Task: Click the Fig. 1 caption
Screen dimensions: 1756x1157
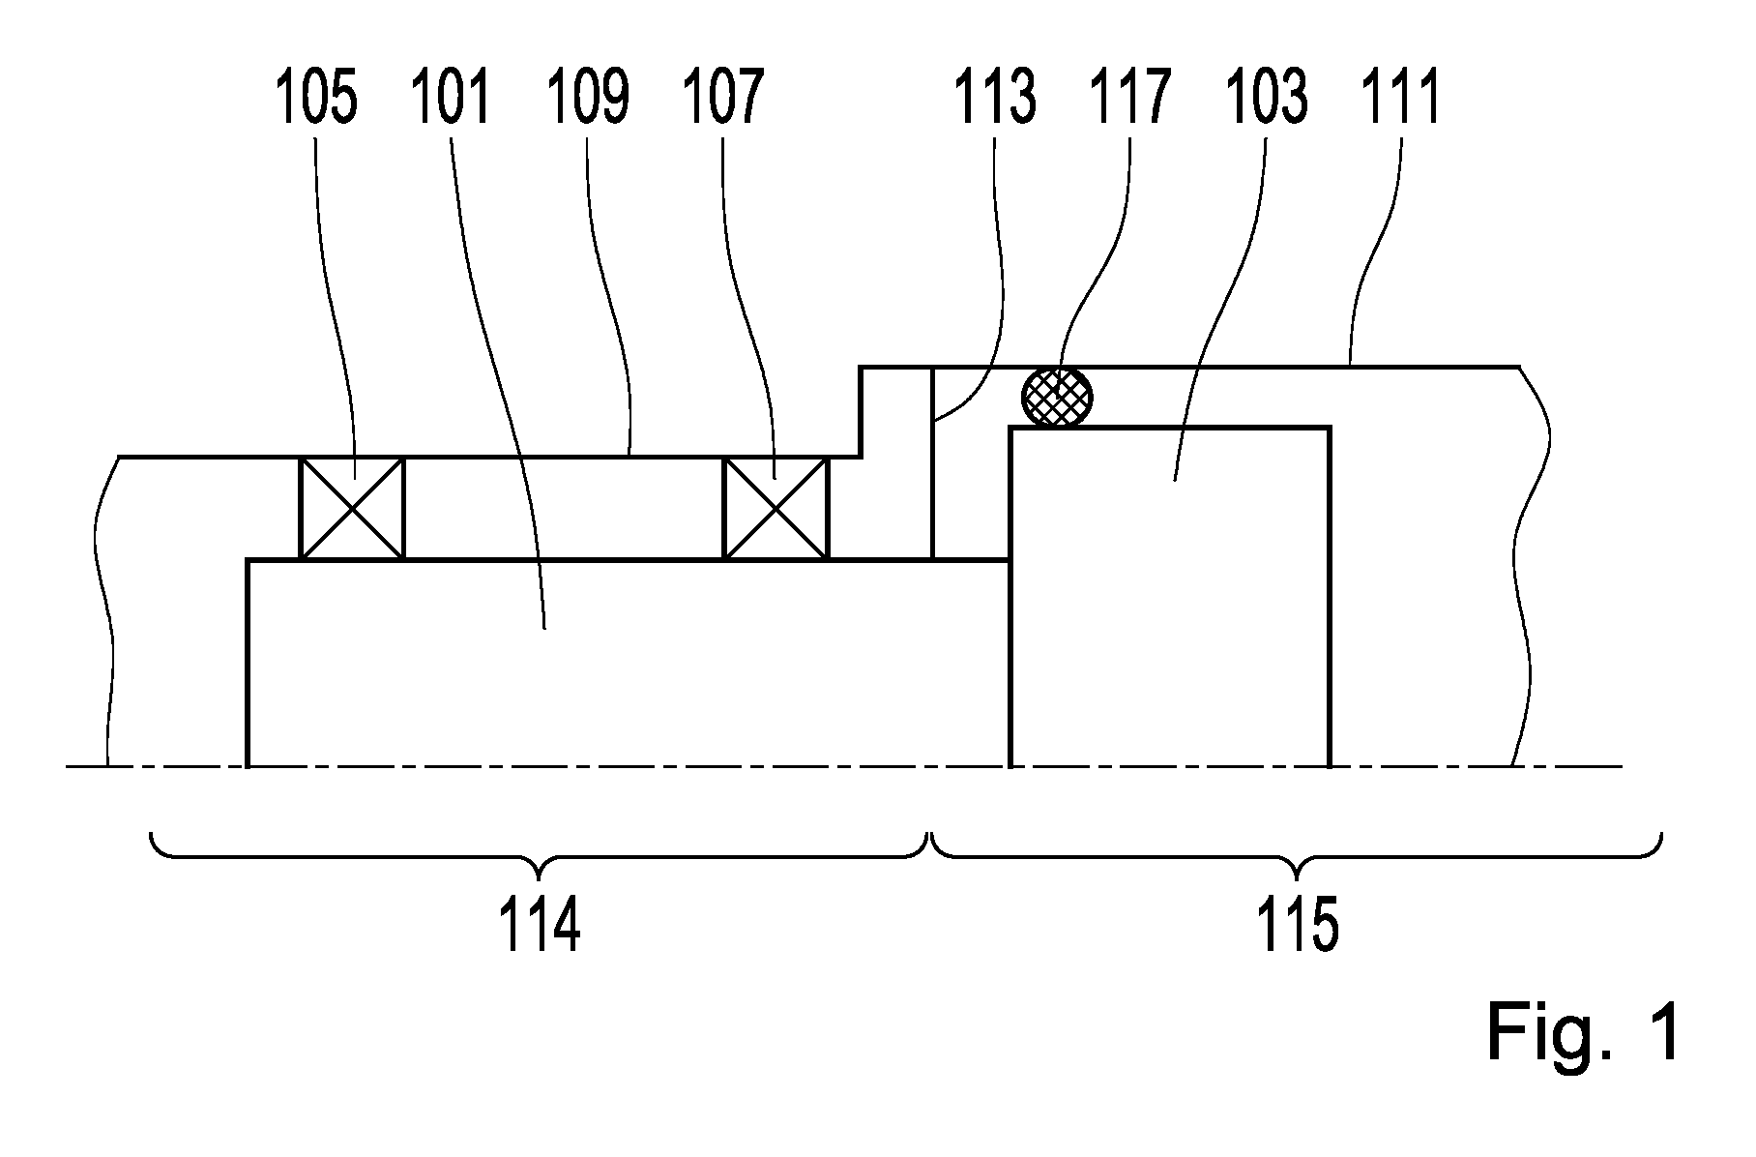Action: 1582,1032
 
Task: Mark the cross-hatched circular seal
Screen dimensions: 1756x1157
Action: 1058,396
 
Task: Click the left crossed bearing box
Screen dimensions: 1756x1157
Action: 352,508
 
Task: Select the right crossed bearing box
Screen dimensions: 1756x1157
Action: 776,508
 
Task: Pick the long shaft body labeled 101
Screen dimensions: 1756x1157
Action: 629,664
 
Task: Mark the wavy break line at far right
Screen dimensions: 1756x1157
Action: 1530,566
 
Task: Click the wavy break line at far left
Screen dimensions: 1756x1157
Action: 106,609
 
